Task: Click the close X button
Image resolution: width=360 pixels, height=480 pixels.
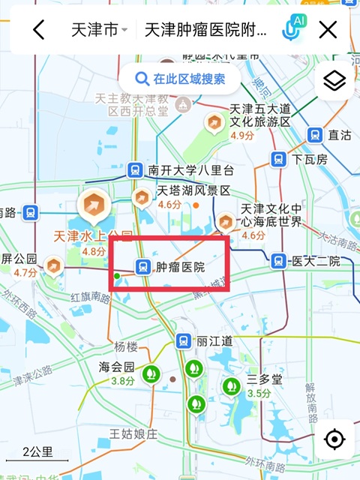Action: click(x=328, y=30)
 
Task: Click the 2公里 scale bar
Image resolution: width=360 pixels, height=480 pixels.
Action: click(x=37, y=453)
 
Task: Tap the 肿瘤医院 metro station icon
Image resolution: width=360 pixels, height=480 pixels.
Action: click(x=141, y=266)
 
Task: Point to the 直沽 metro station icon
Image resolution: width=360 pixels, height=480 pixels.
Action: click(x=316, y=135)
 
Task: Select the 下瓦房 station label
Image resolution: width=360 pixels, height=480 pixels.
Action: click(x=310, y=159)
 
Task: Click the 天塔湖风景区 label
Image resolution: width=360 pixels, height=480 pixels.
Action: click(x=193, y=190)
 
